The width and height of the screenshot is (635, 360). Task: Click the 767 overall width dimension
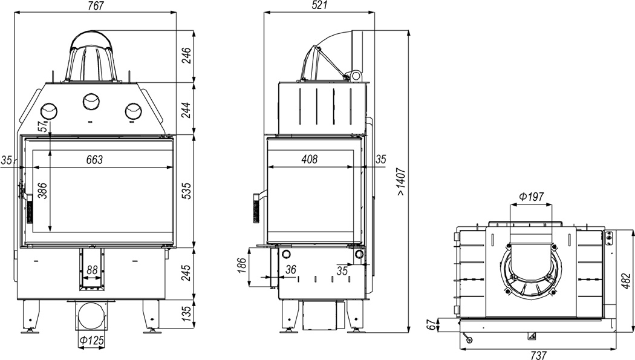coord(96,5)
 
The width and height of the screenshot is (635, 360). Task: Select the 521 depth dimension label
coord(319,5)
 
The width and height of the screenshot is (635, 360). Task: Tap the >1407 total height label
coord(401,182)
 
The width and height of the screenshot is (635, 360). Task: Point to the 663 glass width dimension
coord(94,160)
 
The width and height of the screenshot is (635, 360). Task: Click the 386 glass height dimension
coord(42,191)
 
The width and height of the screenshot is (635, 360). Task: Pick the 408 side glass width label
coord(310,159)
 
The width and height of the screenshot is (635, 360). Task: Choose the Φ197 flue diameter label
coord(531,197)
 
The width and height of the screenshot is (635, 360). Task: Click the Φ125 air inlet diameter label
coord(92,341)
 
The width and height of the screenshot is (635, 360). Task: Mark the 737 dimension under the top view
coord(539,355)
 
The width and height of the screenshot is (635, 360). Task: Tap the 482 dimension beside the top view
coord(626,281)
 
